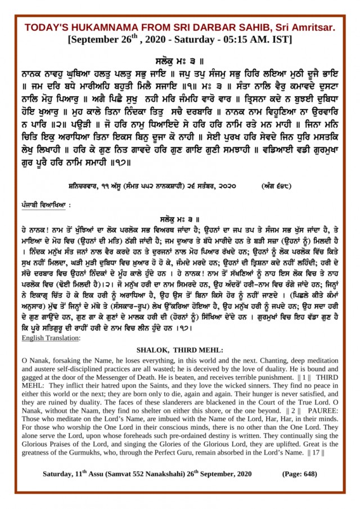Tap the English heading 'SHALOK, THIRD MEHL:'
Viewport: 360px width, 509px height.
(180, 349)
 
